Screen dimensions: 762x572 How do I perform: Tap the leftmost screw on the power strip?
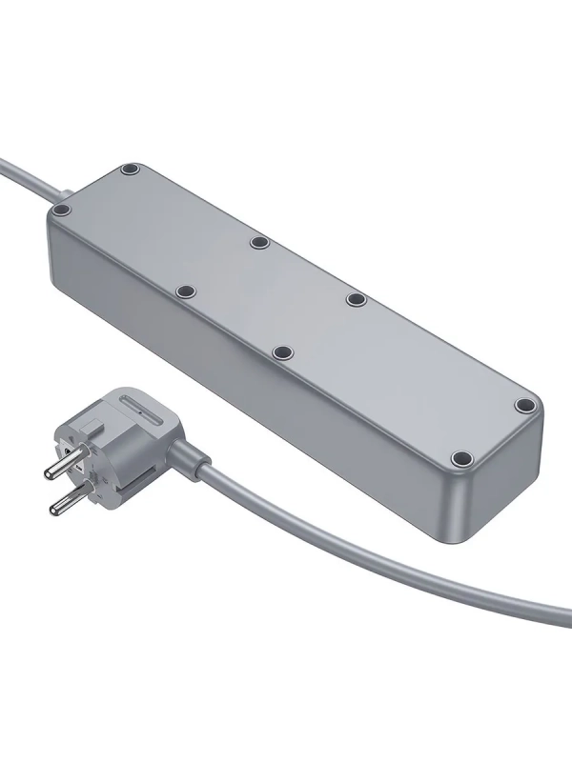click(62, 209)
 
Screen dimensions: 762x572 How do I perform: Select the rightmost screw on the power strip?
click(522, 405)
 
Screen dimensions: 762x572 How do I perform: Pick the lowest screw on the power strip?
click(461, 458)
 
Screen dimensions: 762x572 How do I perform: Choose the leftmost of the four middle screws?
click(186, 288)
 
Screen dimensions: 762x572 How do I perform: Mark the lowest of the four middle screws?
click(282, 353)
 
